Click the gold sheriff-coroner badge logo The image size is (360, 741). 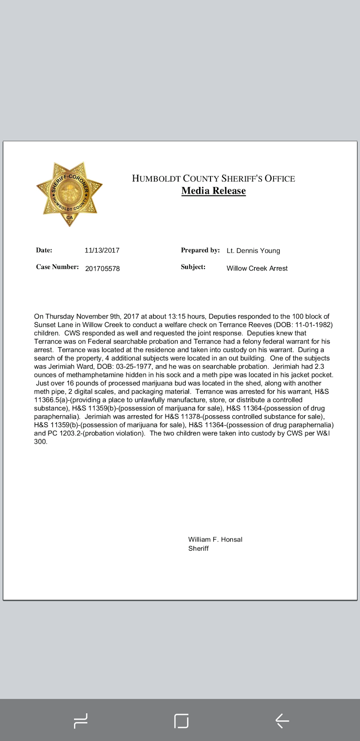69,194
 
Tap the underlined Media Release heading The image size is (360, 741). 213,191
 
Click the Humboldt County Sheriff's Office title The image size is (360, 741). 213,178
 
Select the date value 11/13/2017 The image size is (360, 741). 102,251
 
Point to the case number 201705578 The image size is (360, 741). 102,269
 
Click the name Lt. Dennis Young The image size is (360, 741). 253,251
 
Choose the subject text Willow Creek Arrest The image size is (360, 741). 257,268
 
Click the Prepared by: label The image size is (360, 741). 200,250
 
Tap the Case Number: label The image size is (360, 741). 57,267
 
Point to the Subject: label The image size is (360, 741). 193,267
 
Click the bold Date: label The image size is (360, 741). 44,250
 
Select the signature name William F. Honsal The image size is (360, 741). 215,540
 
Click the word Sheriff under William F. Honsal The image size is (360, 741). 199,548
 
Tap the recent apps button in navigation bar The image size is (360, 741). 81,721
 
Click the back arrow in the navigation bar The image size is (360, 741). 282,721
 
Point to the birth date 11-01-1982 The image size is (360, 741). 313,325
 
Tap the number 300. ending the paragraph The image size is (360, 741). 41,442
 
